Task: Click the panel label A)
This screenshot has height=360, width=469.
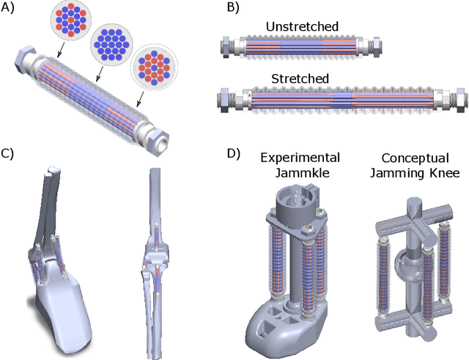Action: click(10, 8)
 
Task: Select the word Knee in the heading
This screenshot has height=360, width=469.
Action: click(444, 173)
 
